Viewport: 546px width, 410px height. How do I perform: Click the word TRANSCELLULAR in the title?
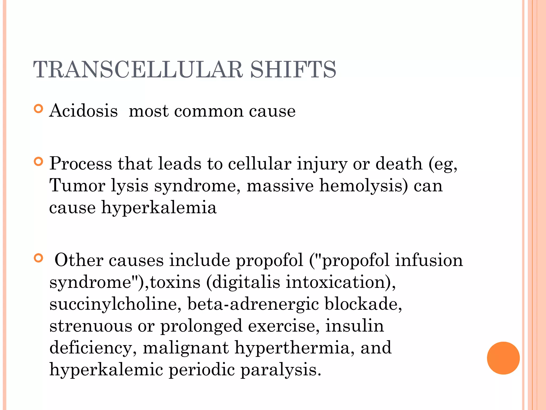(x=138, y=70)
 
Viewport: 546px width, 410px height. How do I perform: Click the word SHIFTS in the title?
(x=293, y=70)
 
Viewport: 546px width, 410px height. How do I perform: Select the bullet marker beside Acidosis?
(x=39, y=109)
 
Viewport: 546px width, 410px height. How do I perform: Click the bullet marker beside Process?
(x=39, y=162)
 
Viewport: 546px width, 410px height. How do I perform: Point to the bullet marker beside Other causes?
(x=39, y=258)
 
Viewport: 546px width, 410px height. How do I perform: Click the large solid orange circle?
(x=503, y=358)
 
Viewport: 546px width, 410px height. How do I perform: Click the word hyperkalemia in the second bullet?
(x=159, y=208)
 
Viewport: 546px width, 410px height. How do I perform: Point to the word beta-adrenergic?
(x=253, y=304)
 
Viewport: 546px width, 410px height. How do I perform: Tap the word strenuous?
(x=91, y=326)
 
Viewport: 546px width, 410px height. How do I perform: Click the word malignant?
(x=186, y=348)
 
